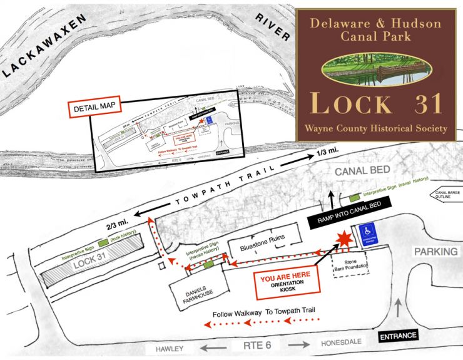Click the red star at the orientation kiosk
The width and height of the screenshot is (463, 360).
click(x=343, y=239)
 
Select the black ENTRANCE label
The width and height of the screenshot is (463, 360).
click(x=398, y=336)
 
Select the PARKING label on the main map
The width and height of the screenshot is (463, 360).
click(x=436, y=252)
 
